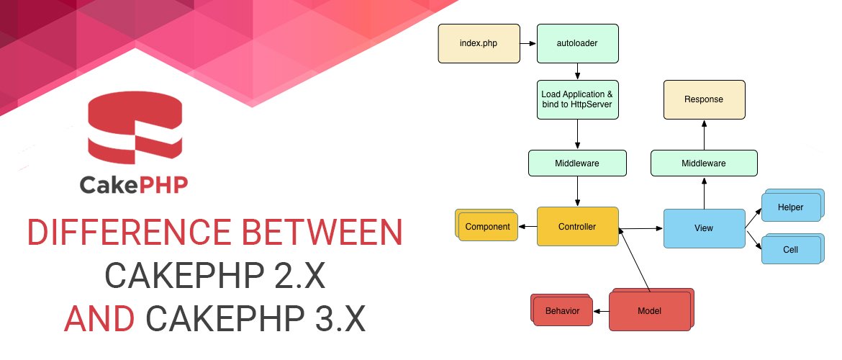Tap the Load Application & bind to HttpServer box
point(578,99)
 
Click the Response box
point(703,99)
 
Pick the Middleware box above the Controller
point(578,163)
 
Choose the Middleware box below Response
point(703,163)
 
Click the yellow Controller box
point(577,227)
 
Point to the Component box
point(487,227)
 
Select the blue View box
point(703,228)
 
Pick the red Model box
point(649,311)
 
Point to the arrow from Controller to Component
point(528,227)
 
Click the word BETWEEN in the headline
point(316,234)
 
